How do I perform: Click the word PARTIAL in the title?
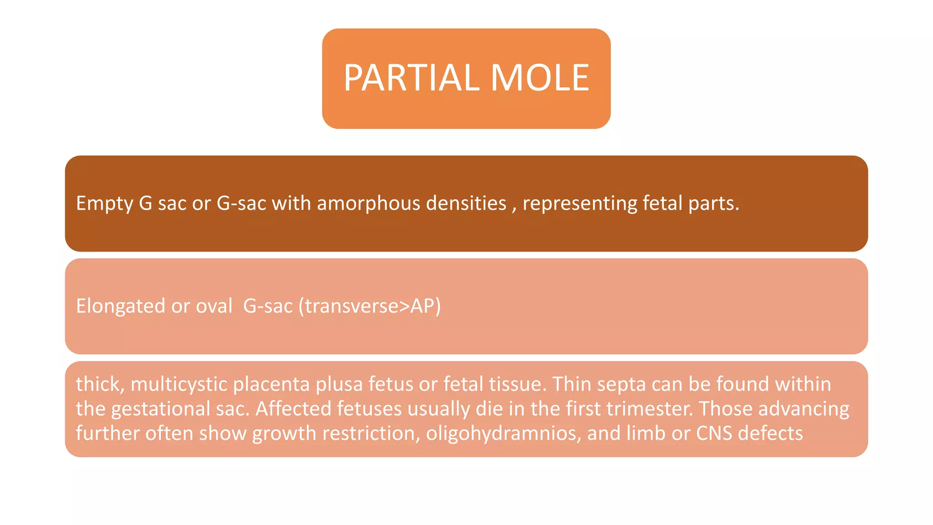click(411, 78)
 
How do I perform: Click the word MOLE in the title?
click(540, 78)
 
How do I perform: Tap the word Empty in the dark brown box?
click(104, 203)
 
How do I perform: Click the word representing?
click(579, 203)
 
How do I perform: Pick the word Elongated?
click(120, 306)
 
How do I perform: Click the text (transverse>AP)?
click(369, 306)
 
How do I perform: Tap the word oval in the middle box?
click(214, 306)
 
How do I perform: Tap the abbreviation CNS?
click(714, 433)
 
